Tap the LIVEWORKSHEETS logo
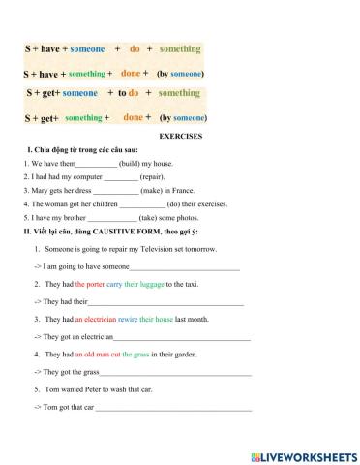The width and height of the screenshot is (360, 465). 303,453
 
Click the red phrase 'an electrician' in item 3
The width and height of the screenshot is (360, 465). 98,319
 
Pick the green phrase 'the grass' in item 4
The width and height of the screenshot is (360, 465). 135,355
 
